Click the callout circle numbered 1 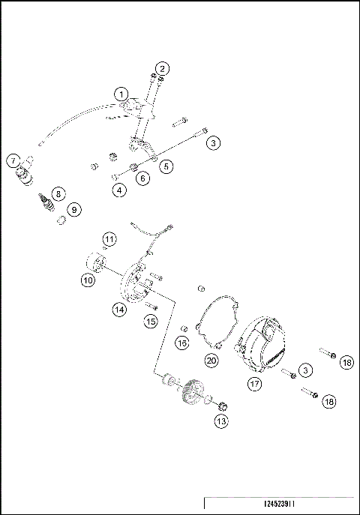pos(120,94)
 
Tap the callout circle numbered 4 pos(119,190)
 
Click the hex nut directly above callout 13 pos(222,406)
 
